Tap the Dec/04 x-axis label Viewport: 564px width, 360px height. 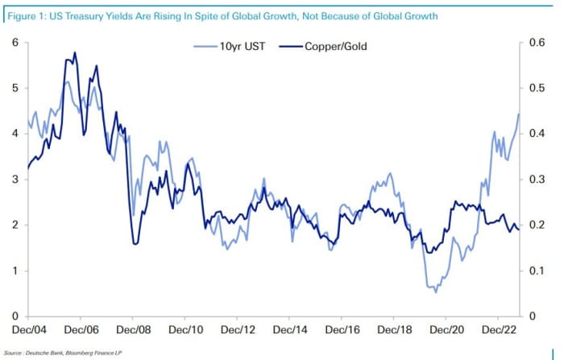(x=29, y=330)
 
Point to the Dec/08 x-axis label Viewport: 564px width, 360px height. (x=135, y=330)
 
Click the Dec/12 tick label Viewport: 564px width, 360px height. (x=239, y=330)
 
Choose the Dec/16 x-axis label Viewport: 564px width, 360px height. (x=344, y=330)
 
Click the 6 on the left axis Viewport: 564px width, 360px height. (x=14, y=42)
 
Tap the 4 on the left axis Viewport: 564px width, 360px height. (x=14, y=133)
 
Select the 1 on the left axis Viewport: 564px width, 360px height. (x=14, y=271)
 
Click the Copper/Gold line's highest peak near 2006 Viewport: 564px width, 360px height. (x=75, y=53)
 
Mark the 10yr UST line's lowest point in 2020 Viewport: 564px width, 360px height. (x=436, y=291)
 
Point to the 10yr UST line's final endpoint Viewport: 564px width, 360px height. (x=519, y=114)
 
